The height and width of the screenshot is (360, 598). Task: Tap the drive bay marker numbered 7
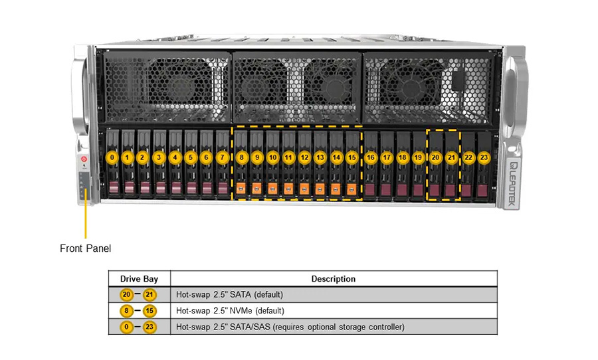click(x=223, y=158)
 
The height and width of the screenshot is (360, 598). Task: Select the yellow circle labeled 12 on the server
click(x=304, y=158)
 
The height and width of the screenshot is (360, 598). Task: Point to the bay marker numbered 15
click(x=352, y=158)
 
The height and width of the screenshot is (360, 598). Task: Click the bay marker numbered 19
click(x=418, y=158)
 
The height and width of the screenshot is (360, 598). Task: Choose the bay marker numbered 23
click(x=484, y=158)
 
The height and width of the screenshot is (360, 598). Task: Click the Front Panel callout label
click(x=86, y=248)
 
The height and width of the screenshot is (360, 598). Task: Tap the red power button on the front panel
click(x=84, y=159)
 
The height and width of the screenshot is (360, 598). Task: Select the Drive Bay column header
click(x=139, y=279)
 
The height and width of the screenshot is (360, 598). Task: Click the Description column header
click(x=334, y=279)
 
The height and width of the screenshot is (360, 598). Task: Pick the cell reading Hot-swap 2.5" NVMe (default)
click(x=230, y=311)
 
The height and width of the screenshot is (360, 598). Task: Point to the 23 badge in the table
click(x=149, y=327)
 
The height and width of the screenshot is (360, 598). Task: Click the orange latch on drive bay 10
click(x=272, y=189)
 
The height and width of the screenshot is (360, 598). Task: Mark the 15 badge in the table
click(x=149, y=311)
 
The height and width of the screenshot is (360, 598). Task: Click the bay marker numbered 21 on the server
click(x=452, y=158)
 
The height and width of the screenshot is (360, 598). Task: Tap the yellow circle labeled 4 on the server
click(x=175, y=158)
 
